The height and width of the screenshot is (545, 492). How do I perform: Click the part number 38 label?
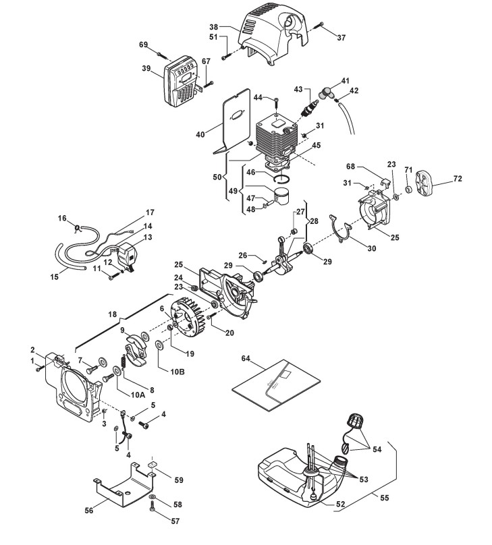click(214, 27)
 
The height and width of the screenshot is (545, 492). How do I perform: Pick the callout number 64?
click(246, 359)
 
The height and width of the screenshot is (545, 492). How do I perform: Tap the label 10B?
click(177, 372)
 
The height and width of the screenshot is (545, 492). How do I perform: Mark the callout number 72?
click(458, 178)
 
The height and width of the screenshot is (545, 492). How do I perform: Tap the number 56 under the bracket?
click(89, 510)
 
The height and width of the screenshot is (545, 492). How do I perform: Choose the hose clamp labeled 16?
click(78, 229)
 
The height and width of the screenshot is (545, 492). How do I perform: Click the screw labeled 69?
click(162, 55)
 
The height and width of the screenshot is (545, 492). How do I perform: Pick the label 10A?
click(138, 395)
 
